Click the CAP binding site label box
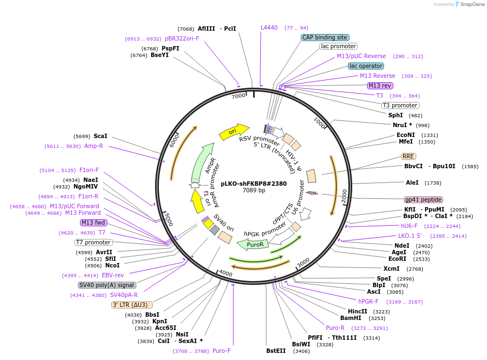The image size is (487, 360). (324, 37)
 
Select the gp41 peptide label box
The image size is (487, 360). (423, 199)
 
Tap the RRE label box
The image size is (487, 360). (408, 156)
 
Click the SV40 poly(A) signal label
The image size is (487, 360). (107, 285)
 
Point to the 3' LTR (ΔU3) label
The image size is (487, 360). (131, 305)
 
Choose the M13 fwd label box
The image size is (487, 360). (94, 222)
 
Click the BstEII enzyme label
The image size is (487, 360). (276, 351)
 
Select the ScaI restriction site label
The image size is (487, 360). (100, 136)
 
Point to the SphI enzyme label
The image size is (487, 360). (396, 115)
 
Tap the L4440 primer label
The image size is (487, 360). (269, 27)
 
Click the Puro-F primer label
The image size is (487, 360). (221, 351)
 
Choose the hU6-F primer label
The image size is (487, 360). (409, 226)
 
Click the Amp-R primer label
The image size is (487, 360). (94, 146)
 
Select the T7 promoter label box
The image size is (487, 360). (94, 242)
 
